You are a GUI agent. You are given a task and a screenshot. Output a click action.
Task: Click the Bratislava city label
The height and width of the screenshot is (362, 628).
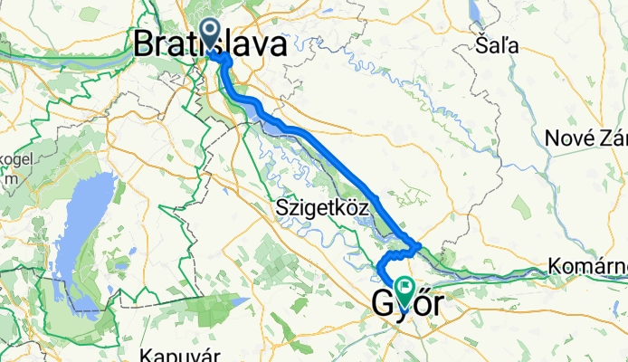coord(213,44)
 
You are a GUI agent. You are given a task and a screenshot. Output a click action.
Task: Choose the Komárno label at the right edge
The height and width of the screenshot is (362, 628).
coord(588,267)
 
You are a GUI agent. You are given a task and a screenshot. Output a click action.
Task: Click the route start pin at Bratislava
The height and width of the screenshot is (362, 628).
coord(210,33)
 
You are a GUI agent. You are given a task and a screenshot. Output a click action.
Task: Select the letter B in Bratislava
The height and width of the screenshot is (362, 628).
coord(143,44)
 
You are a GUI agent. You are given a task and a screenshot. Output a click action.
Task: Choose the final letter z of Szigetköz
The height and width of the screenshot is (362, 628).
coord(363,208)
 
